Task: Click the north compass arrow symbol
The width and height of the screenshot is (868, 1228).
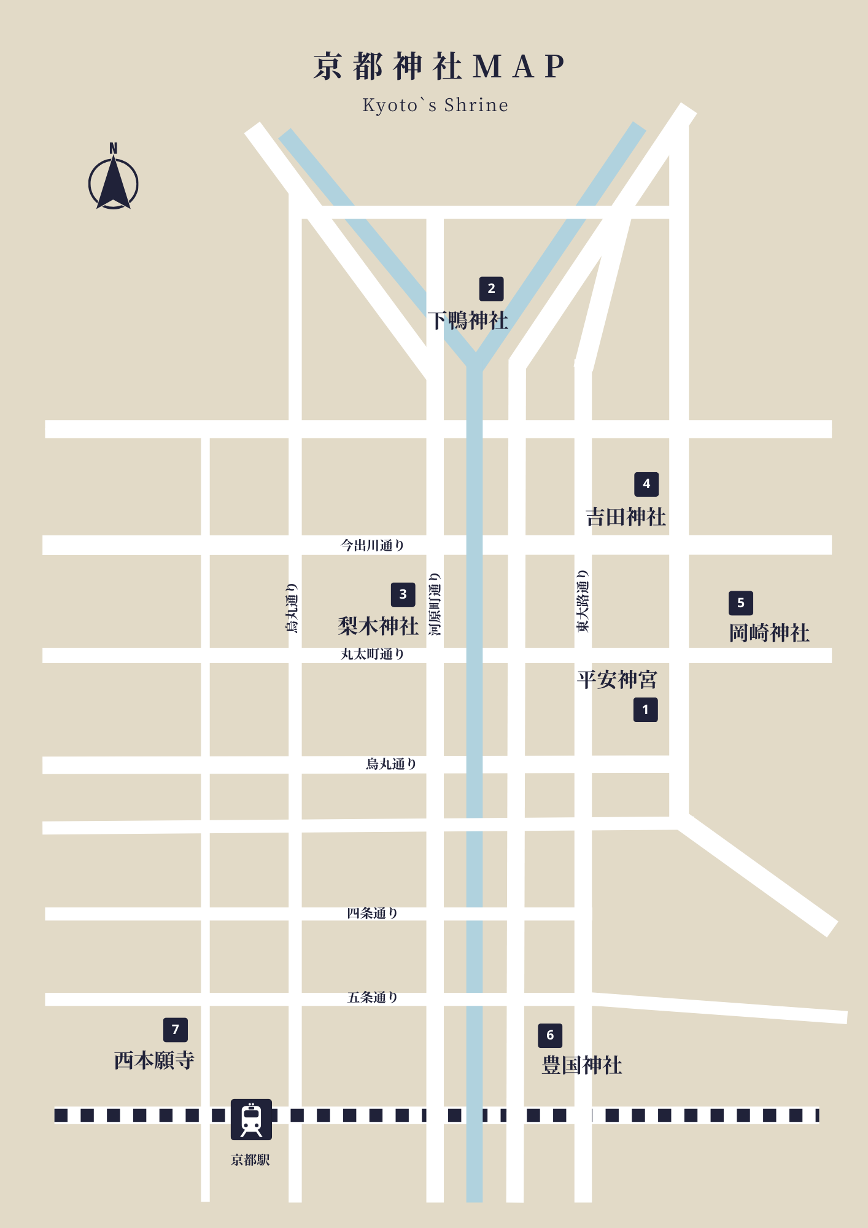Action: pos(114,182)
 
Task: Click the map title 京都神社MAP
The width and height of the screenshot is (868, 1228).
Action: pos(438,67)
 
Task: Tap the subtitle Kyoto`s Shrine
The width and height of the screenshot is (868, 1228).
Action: pos(435,106)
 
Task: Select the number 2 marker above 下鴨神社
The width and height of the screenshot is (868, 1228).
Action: pos(491,289)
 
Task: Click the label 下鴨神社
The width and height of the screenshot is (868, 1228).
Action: pos(468,321)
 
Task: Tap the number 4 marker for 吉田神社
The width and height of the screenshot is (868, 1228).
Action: pos(646,484)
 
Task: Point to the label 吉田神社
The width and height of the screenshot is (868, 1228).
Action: pos(626,517)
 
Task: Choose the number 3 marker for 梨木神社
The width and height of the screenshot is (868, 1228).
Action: pos(403,594)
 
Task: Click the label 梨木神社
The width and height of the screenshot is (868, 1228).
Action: pos(378,626)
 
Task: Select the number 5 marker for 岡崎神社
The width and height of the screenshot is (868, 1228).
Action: pos(740,603)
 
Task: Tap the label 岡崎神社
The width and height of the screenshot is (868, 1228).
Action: pos(769,633)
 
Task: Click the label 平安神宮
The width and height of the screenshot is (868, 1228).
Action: pos(617,680)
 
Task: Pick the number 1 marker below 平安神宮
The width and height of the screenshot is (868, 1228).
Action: pos(645,710)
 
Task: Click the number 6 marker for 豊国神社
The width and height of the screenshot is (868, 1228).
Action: pos(550,1035)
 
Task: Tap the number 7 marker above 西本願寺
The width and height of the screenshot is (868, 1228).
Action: pos(176,1030)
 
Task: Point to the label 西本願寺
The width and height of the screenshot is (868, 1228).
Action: pos(154,1060)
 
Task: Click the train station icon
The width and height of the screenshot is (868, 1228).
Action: pos(251,1119)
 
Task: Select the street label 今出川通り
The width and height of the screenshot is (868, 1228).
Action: pos(373,545)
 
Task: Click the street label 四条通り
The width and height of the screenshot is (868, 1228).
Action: pos(373,914)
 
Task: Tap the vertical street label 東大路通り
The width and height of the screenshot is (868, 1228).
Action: pos(583,601)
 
